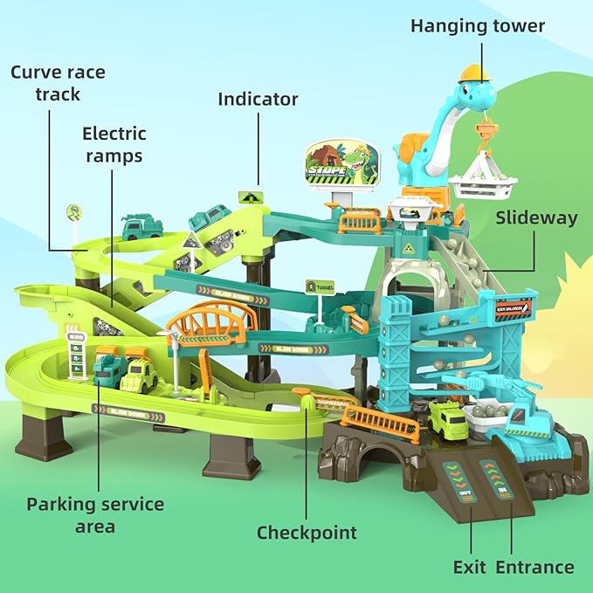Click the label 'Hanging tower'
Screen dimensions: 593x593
[x=478, y=25]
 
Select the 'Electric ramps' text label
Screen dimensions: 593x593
[x=114, y=145]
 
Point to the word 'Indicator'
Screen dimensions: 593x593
[x=258, y=99]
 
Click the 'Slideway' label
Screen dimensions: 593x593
[x=536, y=217]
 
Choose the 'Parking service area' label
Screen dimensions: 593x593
[x=95, y=515]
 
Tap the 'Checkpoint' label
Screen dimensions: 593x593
[x=307, y=532]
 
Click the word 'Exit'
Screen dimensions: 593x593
[x=469, y=567]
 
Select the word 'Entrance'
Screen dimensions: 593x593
[x=534, y=567]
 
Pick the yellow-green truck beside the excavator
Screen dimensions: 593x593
[x=449, y=422]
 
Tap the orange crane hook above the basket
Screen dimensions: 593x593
[x=483, y=132]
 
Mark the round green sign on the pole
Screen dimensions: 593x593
[x=74, y=211]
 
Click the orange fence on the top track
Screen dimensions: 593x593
[x=361, y=224]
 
